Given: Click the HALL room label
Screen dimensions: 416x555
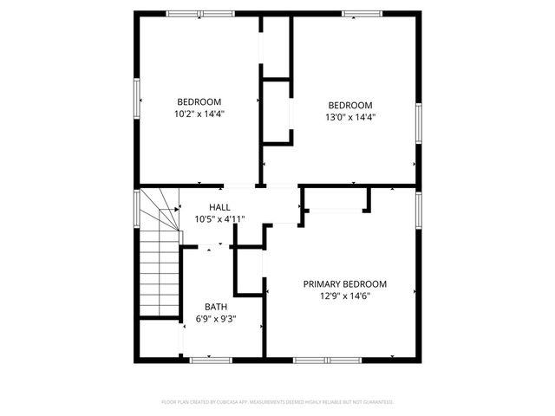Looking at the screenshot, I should tap(220, 207).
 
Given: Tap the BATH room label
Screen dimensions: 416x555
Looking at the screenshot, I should tap(216, 307).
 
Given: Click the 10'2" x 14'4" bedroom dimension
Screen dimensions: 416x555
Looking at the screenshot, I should tap(200, 113).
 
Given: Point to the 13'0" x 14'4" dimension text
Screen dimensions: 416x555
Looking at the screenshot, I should tap(350, 117).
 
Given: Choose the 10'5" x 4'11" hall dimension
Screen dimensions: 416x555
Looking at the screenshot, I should tap(220, 219).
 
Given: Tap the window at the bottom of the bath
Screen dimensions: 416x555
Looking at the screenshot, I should tap(211, 358).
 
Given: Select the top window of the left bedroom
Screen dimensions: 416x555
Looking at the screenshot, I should tap(199, 14).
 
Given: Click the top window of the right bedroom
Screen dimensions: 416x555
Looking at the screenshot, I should tap(356, 14).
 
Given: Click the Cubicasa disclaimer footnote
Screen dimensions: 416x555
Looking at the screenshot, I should tap(277, 402).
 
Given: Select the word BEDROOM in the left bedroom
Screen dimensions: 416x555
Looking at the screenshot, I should tap(200, 101).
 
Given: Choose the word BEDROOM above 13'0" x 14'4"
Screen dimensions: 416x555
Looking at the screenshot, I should tap(350, 105).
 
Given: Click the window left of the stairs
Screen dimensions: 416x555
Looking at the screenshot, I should tap(136, 210).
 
